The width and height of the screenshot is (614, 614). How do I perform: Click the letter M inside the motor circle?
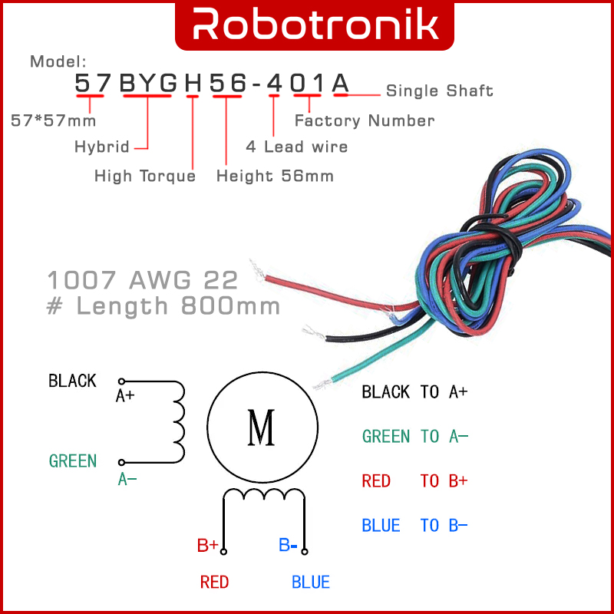click(262, 428)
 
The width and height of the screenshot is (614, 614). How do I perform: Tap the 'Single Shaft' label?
click(439, 91)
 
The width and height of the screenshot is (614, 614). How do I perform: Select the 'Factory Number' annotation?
click(365, 120)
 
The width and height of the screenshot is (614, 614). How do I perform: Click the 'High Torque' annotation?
click(145, 177)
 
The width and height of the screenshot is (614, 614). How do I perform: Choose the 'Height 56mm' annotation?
click(275, 177)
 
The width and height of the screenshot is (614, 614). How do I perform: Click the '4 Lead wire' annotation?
click(296, 147)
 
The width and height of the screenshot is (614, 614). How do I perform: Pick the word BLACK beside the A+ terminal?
click(72, 381)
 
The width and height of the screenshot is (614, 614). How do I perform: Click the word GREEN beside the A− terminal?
click(73, 461)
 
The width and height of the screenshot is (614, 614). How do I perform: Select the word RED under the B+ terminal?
click(214, 583)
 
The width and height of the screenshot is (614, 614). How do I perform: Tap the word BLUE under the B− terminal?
click(311, 583)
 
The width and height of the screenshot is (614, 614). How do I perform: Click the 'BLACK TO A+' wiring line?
click(414, 392)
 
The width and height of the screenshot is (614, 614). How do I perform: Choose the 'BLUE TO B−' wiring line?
click(414, 526)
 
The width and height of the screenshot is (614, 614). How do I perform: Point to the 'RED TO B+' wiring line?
click(414, 481)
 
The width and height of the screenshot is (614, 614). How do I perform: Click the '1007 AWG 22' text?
click(143, 279)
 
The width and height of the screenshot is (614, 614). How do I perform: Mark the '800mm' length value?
click(231, 305)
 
